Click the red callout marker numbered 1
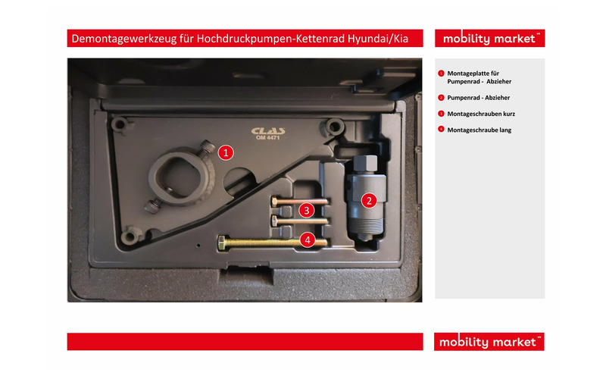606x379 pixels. pos(226,152)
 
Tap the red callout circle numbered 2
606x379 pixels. pos(369,200)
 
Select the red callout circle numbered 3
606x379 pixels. pos(307,210)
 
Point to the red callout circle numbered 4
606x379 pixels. pos(308,240)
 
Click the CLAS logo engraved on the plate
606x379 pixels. pos(268,130)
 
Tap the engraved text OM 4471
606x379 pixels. pos(267,137)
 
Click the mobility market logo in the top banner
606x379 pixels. pos(489,39)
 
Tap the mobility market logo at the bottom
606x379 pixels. pos(489,342)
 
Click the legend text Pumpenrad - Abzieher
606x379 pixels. pos(479,98)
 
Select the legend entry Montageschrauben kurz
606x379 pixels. pos(481,114)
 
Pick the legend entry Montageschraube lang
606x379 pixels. pos(479,130)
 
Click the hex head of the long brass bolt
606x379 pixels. pos(222,243)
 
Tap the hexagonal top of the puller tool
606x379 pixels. pos(365,164)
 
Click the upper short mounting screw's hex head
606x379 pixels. pos(273,201)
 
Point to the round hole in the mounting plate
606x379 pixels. pos(239,178)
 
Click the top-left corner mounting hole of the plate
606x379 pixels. pos(119,124)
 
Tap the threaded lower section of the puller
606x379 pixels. pos(366,224)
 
